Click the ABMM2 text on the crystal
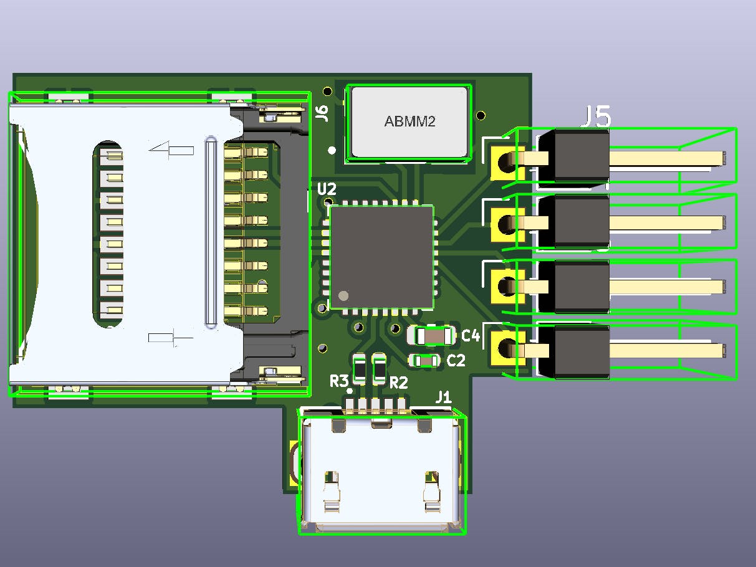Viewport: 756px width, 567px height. point(409,121)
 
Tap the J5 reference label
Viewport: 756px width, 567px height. point(595,117)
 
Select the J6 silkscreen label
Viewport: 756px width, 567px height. point(322,113)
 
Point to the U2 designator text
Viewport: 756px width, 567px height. point(327,189)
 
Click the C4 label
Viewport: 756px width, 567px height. point(470,335)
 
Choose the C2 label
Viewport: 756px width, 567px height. point(456,360)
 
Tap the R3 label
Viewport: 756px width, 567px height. point(339,381)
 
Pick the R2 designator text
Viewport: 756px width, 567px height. point(398,383)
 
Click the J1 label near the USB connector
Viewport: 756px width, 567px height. point(443,398)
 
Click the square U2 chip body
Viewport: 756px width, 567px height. point(381,257)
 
